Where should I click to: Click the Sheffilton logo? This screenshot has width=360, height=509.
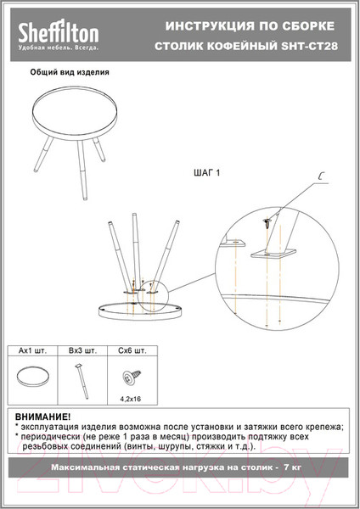(59, 33)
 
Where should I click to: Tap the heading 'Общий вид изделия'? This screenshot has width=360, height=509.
(70, 72)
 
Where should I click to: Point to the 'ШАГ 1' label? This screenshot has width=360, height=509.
(206, 173)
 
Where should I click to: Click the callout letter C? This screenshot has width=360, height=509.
(321, 176)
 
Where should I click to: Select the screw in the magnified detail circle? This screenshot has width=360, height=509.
(267, 223)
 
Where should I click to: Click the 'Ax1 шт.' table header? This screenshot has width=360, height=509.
(32, 351)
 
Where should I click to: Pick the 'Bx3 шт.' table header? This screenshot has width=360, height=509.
(82, 351)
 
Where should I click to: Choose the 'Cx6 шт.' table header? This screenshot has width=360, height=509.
(132, 351)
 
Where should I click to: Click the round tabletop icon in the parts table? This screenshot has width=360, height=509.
(33, 377)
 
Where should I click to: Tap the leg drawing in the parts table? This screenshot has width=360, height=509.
(82, 381)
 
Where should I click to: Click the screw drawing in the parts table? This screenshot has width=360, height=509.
(131, 378)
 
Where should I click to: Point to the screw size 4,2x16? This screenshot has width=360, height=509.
(131, 399)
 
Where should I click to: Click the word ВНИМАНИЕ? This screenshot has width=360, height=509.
(42, 417)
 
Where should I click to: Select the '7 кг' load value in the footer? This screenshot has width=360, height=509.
(292, 467)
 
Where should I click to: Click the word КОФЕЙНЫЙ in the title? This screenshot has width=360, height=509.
(242, 46)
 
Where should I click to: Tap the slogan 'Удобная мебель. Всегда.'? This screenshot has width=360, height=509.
(58, 48)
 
